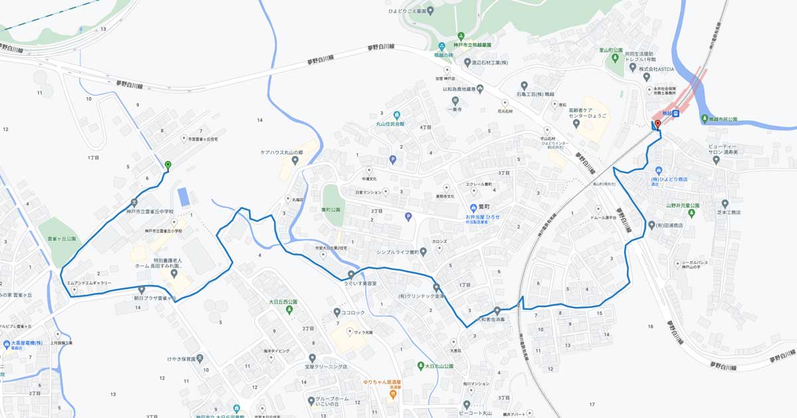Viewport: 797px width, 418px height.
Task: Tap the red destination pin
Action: [x=658, y=124]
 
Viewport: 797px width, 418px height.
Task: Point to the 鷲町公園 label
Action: [x=330, y=210]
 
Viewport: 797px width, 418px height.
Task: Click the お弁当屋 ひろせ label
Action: [x=482, y=217]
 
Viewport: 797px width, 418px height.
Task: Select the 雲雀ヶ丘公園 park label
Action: [x=62, y=238]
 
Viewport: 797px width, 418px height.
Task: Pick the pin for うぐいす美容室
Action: [x=351, y=274]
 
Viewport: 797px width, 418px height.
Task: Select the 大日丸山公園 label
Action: [x=440, y=366]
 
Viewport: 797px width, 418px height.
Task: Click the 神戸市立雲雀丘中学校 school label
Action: [x=149, y=211]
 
